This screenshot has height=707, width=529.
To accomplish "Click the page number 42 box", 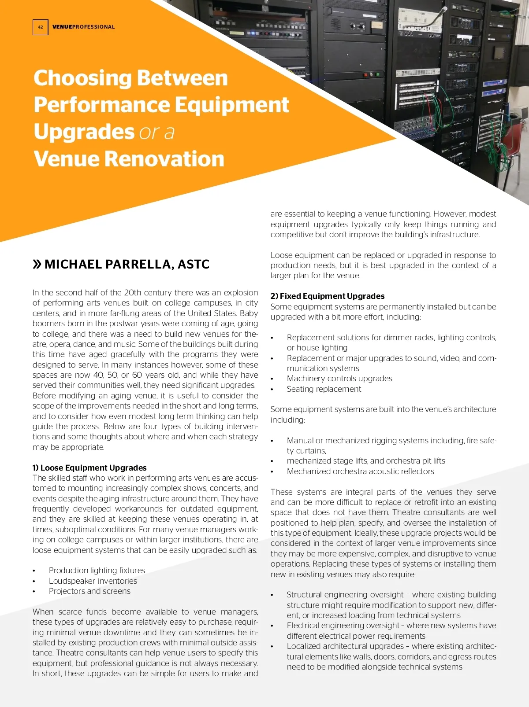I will coord(40,27).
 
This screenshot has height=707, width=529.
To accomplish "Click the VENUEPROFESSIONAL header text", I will coord(83,27).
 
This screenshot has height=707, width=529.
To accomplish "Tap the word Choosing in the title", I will coord(82,78).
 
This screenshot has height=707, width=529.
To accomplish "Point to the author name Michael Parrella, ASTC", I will coord(127,264).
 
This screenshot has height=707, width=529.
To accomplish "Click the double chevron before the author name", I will coord(37,264).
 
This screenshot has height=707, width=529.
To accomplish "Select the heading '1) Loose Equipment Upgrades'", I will coord(89,468).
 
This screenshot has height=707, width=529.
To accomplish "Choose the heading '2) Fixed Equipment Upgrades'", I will coord(328,296).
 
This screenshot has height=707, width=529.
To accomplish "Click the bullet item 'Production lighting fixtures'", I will coord(97,571).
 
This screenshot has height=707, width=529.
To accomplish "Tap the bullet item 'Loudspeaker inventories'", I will coord(93,581).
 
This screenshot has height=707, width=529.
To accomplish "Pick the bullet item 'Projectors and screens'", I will coord(89,591).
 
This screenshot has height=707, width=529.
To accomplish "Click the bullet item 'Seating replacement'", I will coord(324,389).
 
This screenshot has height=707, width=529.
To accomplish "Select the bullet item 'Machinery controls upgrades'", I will coord(339,379).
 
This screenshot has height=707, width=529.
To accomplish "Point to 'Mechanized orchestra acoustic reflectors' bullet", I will coord(361,471).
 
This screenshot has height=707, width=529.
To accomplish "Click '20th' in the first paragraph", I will coord(132,293).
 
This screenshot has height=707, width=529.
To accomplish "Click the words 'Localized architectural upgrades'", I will coord(345,646).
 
